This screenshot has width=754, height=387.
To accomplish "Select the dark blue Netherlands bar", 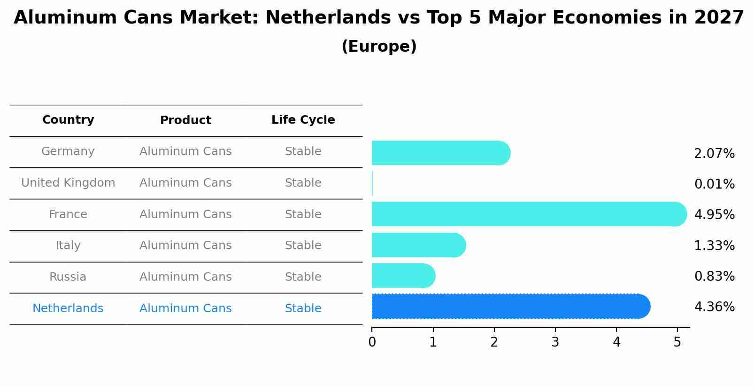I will [x=509, y=306].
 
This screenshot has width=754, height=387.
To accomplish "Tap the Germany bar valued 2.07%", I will [x=440, y=153].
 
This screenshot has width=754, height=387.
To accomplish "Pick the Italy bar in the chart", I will [x=418, y=245].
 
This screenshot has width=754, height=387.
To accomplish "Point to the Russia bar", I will [x=403, y=276].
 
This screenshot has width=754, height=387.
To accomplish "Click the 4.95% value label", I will [x=714, y=215].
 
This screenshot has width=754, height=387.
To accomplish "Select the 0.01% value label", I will [x=714, y=184].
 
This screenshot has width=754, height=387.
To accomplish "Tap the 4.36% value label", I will [x=714, y=307].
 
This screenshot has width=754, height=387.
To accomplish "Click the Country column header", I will [x=68, y=120].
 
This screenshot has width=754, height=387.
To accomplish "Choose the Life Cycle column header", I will [x=303, y=120].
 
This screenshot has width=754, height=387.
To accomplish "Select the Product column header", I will [x=185, y=120].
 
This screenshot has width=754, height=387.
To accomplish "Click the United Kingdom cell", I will [x=68, y=183].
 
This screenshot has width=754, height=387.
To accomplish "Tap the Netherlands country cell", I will [x=68, y=308].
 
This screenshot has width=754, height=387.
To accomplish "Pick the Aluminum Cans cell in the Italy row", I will [x=185, y=245].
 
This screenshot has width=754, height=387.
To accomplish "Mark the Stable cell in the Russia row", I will [x=303, y=277].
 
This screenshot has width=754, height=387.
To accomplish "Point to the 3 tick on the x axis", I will [x=555, y=342].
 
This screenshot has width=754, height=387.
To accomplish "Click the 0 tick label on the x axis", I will [x=372, y=342].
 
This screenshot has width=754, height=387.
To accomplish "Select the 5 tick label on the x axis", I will [x=677, y=342].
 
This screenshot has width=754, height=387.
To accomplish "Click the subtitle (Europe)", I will [x=379, y=47].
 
